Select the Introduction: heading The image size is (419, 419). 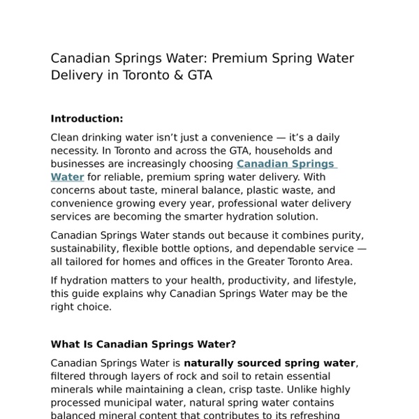(87, 119)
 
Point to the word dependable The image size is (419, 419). (273, 249)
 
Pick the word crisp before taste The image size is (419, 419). (230, 390)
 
